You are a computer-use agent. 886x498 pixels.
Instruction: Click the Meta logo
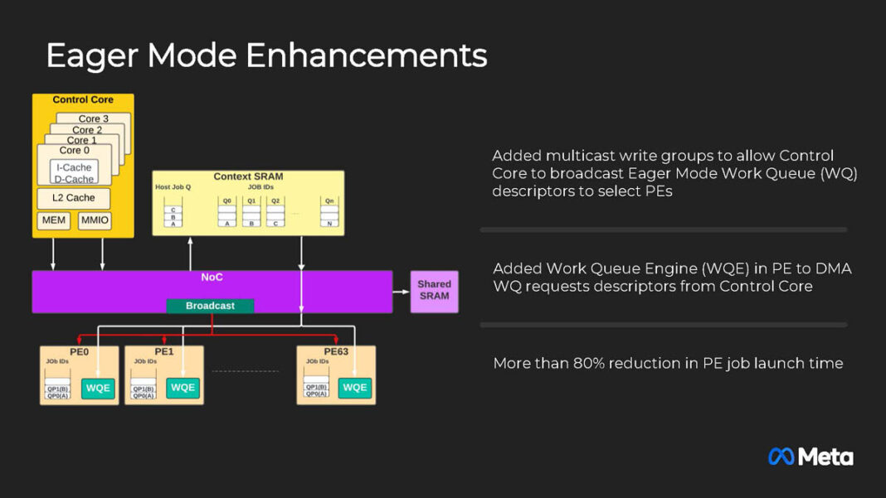pos(811,457)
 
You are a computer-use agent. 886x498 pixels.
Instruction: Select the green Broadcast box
pos(210,306)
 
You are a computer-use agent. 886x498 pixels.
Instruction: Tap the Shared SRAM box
pos(434,290)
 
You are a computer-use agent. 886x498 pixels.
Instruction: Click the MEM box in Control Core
pos(54,220)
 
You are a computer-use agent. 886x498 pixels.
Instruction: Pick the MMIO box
pos(94,220)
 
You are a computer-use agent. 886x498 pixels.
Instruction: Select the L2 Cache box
pos(74,198)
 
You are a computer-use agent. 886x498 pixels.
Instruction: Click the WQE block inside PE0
pos(99,387)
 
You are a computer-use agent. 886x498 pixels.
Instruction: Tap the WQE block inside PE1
pos(183,387)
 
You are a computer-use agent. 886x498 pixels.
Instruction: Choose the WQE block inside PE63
pos(355,387)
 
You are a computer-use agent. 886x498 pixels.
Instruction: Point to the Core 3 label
pos(94,118)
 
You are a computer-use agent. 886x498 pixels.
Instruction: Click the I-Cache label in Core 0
pos(74,167)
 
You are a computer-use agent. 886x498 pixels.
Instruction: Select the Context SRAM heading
pos(248,176)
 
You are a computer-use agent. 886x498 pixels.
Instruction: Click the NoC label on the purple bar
pos(212,277)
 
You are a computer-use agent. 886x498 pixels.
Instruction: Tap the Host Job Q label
pos(173,187)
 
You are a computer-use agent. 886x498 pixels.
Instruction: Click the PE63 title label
pos(336,351)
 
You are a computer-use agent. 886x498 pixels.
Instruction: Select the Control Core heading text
pos(83,99)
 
